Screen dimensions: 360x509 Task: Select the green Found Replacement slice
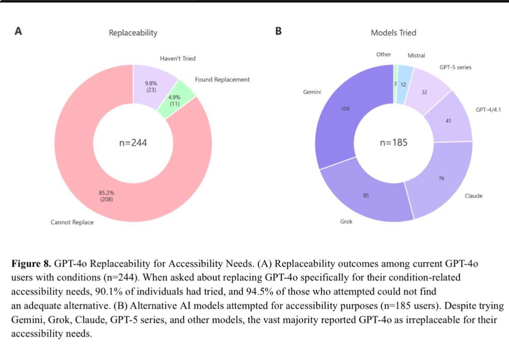pyautogui.click(x=175, y=99)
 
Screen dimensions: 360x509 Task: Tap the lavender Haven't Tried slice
pyautogui.click(x=151, y=83)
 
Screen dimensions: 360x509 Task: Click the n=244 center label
pyautogui.click(x=133, y=143)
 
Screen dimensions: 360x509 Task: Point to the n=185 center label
pyautogui.click(x=393, y=143)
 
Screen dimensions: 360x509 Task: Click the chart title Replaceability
pyautogui.click(x=133, y=33)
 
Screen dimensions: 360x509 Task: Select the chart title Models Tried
pyautogui.click(x=393, y=33)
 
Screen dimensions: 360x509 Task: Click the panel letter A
pyautogui.click(x=19, y=31)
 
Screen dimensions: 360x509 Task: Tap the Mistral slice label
pyautogui.click(x=416, y=56)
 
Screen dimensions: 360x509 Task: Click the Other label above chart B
pyautogui.click(x=384, y=54)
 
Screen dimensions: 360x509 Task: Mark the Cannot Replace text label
pyautogui.click(x=72, y=222)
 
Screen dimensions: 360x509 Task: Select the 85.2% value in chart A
pyautogui.click(x=106, y=192)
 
